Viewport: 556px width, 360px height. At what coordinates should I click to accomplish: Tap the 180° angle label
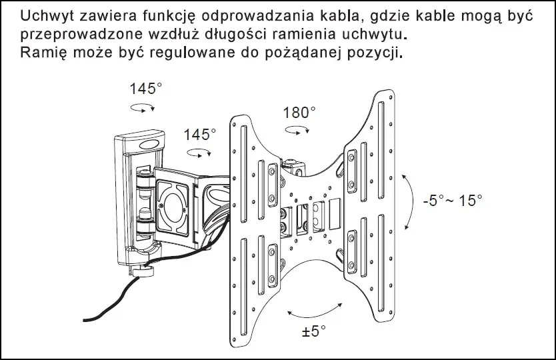[x=297, y=112]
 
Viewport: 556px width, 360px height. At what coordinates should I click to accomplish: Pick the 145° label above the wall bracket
[x=146, y=89]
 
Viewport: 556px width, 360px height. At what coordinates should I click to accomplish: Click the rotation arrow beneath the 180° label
[x=302, y=129]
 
